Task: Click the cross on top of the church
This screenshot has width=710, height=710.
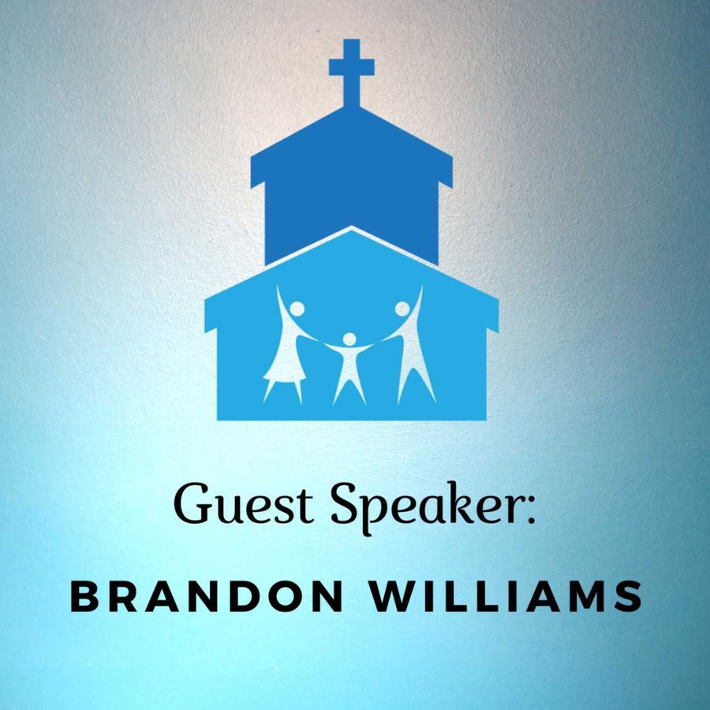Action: tap(351, 73)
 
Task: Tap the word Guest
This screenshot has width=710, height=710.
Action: tap(244, 504)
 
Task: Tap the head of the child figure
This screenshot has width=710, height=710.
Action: tap(349, 338)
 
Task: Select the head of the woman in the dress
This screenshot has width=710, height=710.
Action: tap(297, 308)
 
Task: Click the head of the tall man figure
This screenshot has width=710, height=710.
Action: tap(402, 308)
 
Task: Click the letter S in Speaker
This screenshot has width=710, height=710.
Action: tap(345, 504)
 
